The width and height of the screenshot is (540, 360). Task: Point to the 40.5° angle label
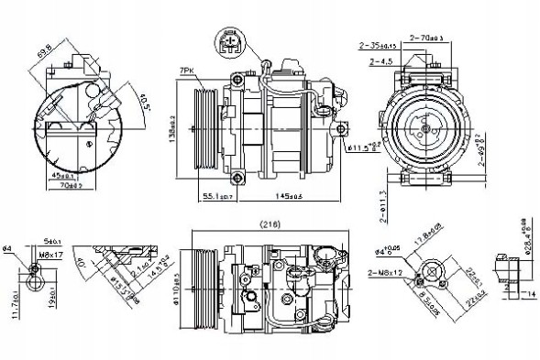[138, 94]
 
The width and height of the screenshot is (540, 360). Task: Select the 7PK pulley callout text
[186, 70]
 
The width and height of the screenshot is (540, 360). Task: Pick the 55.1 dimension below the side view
[217, 196]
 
